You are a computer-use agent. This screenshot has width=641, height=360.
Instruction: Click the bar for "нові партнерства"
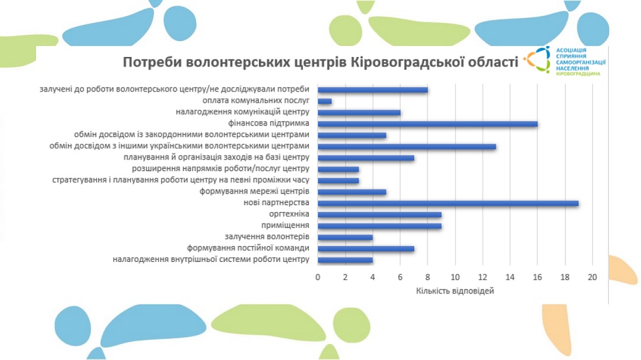click(x=448, y=203)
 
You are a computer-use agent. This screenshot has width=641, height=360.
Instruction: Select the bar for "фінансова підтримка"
click(x=428, y=124)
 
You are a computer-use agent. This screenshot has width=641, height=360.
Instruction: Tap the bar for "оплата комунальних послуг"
click(x=324, y=101)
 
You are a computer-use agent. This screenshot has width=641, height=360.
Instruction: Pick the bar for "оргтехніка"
click(x=379, y=215)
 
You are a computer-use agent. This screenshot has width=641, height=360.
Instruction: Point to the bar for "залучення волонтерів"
click(x=345, y=237)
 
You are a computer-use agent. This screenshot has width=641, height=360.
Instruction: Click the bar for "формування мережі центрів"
click(x=352, y=192)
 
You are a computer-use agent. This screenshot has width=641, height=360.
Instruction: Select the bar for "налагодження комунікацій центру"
click(x=359, y=113)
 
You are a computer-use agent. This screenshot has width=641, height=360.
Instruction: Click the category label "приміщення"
click(x=285, y=225)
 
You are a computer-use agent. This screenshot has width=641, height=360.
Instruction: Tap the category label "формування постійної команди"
click(x=248, y=248)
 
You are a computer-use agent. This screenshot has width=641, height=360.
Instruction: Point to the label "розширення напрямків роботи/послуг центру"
click(x=221, y=168)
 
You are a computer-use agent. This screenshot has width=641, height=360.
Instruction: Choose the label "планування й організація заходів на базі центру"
click(x=217, y=158)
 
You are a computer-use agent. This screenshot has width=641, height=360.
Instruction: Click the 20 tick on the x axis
click(x=592, y=277)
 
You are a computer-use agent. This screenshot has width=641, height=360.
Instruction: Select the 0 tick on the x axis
click(x=318, y=277)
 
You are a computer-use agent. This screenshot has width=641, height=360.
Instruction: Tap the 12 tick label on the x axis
click(x=483, y=277)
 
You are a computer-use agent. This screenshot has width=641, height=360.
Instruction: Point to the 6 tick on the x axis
click(x=400, y=277)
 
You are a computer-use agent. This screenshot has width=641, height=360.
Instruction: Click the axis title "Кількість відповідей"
click(x=455, y=291)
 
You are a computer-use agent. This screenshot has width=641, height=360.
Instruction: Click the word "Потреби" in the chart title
click(x=152, y=62)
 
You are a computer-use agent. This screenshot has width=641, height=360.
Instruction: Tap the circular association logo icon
click(x=537, y=60)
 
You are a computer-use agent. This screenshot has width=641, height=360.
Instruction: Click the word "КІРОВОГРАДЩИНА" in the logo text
click(x=578, y=74)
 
